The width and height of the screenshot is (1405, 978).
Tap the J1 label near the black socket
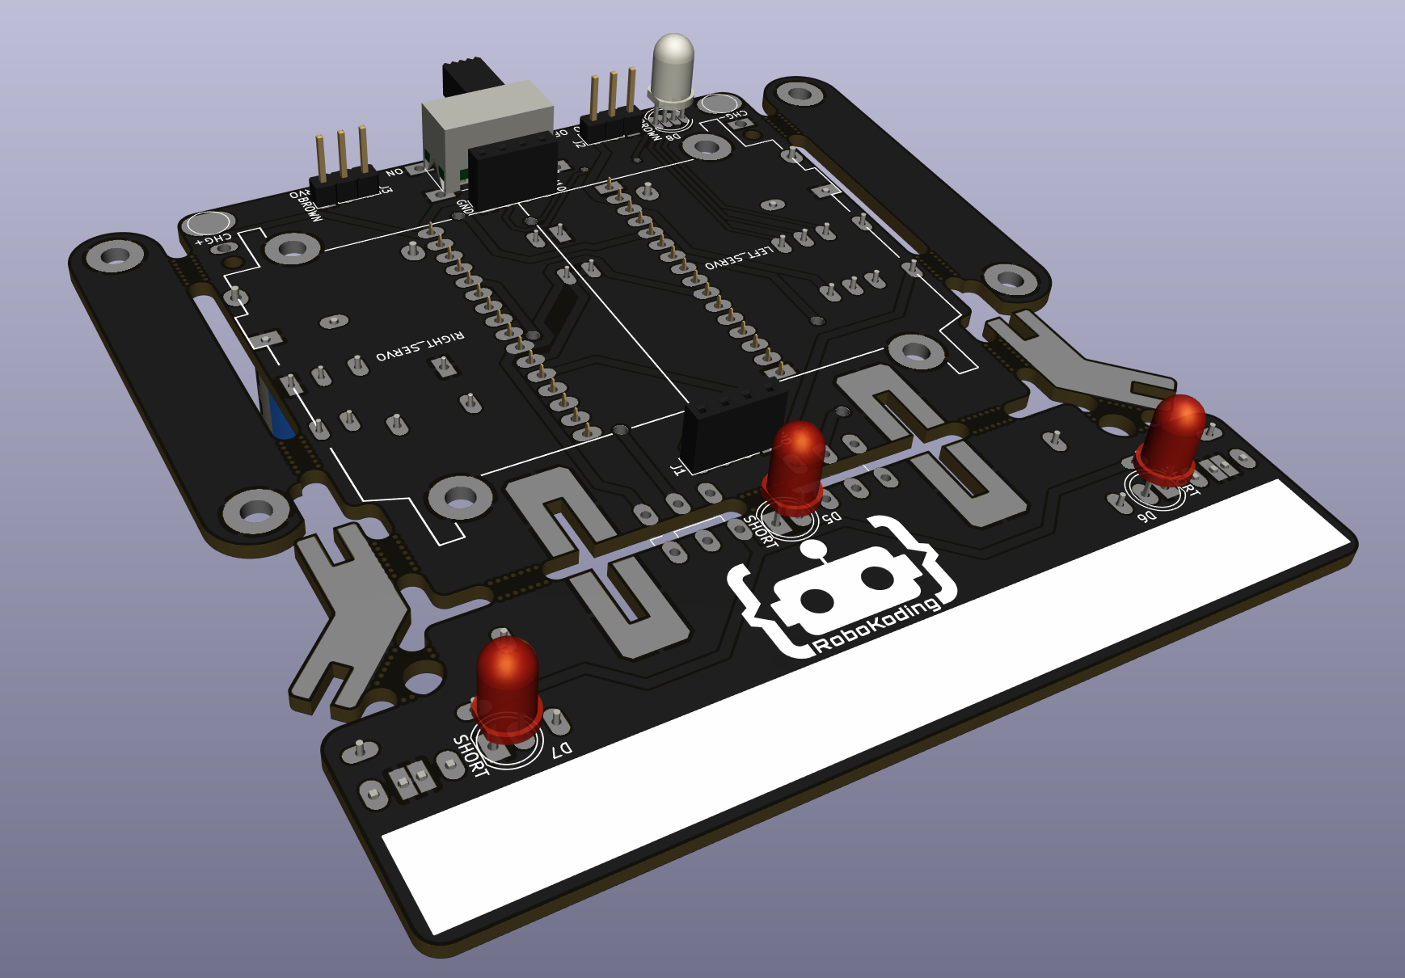click(678, 468)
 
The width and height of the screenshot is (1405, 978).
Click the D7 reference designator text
click(562, 750)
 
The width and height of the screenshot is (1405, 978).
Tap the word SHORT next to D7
click(470, 755)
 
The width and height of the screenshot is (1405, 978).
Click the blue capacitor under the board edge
click(277, 411)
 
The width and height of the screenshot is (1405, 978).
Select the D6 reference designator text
click(1146, 515)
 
